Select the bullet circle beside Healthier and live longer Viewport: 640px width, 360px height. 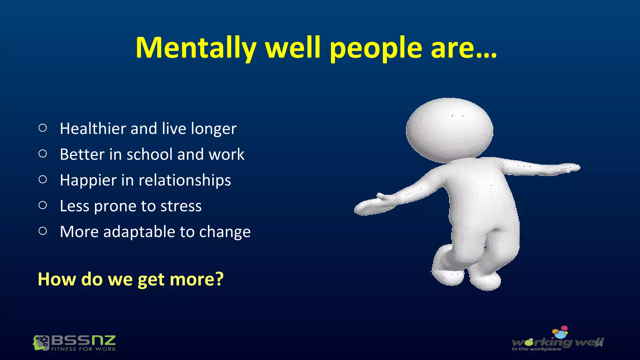tap(43, 128)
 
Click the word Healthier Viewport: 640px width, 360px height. tap(93, 128)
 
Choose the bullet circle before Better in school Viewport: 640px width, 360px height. tap(43, 153)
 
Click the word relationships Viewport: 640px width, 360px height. tap(185, 180)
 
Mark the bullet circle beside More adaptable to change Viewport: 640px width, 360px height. tap(43, 231)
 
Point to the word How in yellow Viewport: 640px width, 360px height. tap(57, 279)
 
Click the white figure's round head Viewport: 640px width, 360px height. tap(449, 130)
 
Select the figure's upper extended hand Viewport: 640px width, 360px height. tap(570, 168)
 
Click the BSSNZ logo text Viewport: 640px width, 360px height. tap(83, 340)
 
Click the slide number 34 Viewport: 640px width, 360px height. tap(598, 344)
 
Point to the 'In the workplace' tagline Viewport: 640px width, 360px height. tap(536, 349)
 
